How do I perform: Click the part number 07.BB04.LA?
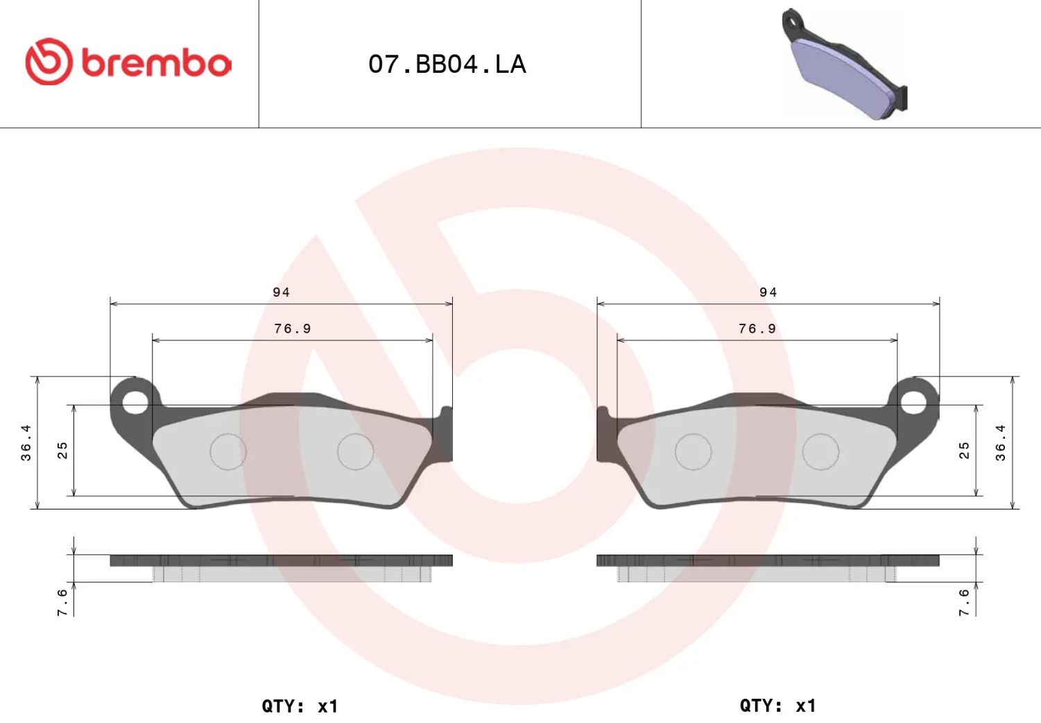coord(447,64)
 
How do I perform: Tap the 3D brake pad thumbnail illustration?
coord(845,64)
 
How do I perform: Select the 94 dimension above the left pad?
coord(281,292)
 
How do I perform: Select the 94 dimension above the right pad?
coord(768,292)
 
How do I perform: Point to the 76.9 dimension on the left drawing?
coord(292,329)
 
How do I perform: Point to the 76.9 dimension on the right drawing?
coord(757,329)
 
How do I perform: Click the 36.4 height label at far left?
coord(26,442)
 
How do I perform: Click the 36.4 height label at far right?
coord(1001,442)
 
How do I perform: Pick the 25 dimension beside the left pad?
coord(62,451)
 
